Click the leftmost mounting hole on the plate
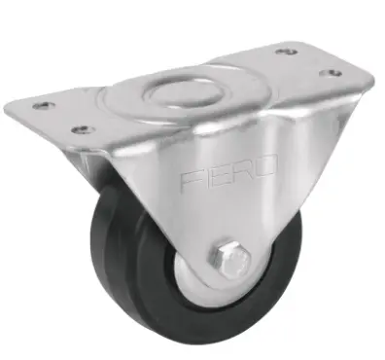[x=44, y=106]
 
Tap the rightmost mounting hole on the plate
[x=331, y=73]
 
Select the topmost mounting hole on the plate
[x=287, y=52]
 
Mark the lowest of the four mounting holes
[x=84, y=129]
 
